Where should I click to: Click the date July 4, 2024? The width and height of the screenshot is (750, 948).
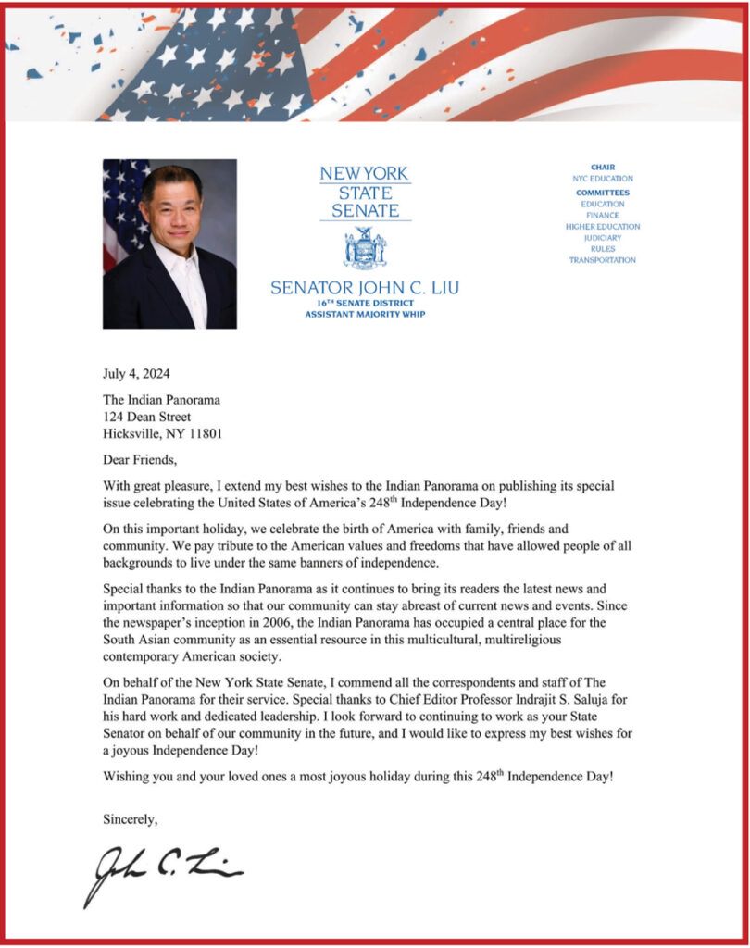[136, 374]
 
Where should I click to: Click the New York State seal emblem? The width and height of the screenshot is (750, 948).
[365, 248]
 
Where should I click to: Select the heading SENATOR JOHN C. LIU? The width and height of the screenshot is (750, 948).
[365, 288]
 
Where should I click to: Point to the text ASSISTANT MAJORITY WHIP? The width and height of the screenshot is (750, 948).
[365, 314]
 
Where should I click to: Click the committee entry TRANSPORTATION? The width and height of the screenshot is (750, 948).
[603, 260]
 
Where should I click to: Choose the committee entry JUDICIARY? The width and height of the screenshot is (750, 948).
[603, 238]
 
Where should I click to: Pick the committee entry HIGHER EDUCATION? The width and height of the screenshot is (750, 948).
[603, 226]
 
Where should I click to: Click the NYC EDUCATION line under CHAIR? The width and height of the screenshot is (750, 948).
[603, 178]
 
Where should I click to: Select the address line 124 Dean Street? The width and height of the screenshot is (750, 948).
[147, 417]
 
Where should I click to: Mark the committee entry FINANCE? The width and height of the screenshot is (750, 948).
[603, 215]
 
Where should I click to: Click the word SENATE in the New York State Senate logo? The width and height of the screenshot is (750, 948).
[365, 211]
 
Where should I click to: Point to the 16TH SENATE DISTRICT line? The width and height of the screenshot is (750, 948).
[365, 303]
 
